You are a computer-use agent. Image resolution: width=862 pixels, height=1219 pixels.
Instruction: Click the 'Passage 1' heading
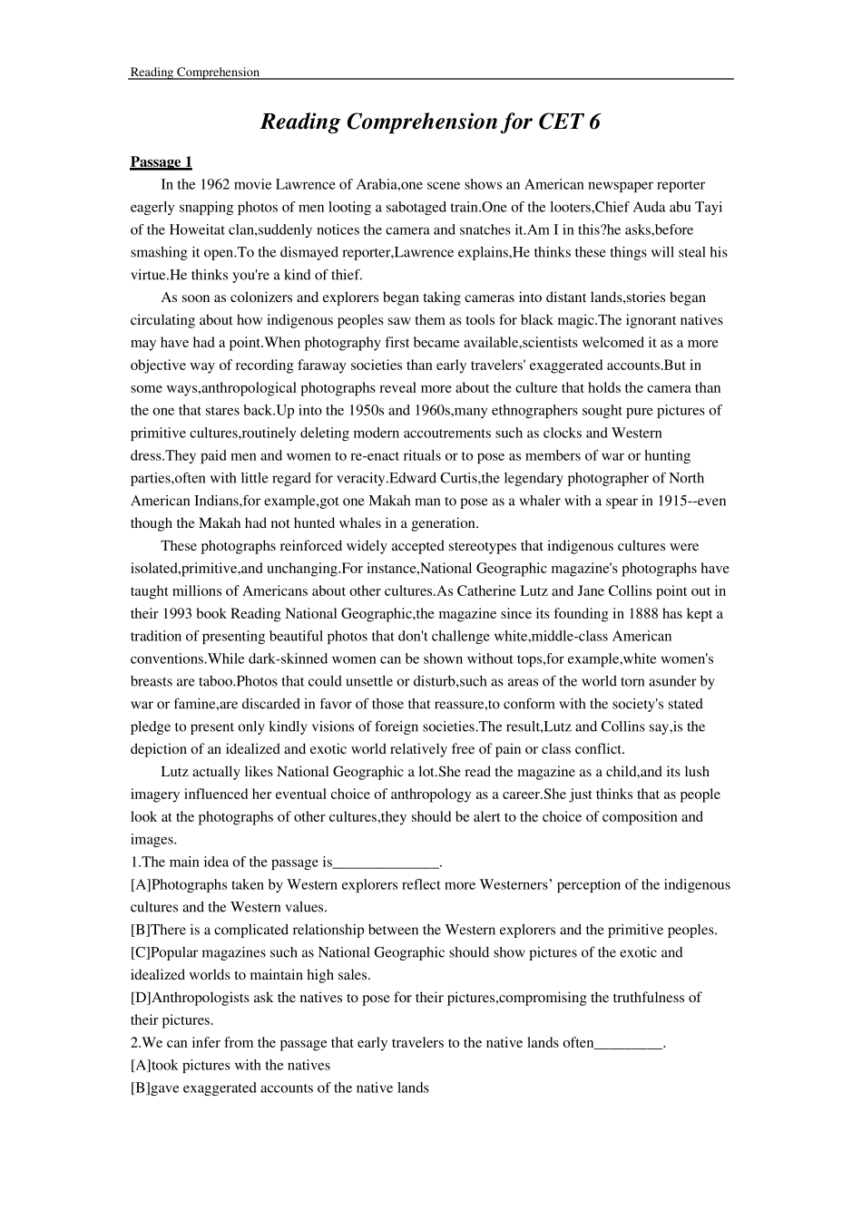click(x=161, y=162)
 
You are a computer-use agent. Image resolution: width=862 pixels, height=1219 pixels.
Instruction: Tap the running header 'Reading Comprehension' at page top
click(x=194, y=73)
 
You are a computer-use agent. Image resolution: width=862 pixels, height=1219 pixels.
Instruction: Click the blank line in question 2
click(x=629, y=1044)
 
